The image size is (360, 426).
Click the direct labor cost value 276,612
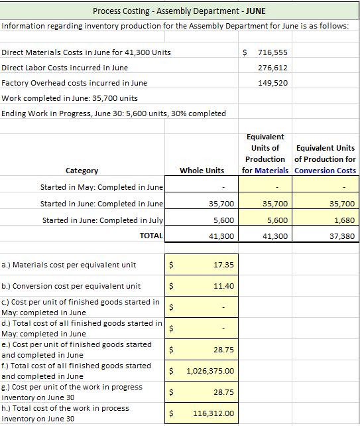point(272,68)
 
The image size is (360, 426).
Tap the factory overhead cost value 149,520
point(272,83)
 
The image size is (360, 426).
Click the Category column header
point(82,171)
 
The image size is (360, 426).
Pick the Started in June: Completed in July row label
point(103,220)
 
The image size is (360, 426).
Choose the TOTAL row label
point(151,236)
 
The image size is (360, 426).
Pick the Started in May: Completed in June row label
point(102,187)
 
